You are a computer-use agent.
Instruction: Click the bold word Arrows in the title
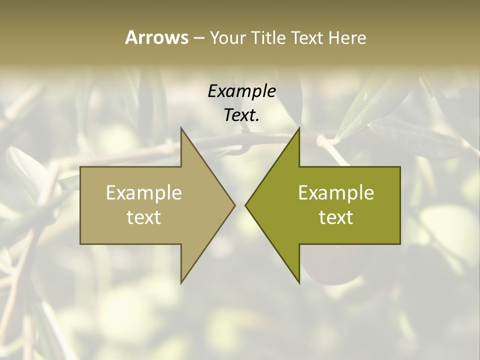(x=156, y=37)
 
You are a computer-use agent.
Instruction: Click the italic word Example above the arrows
(x=241, y=91)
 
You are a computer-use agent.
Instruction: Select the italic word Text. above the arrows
(x=240, y=115)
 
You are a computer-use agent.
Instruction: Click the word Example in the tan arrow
(x=144, y=192)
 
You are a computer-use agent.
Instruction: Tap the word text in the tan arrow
(x=144, y=217)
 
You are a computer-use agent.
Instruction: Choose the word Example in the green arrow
(x=336, y=192)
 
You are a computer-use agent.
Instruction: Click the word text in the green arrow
(x=336, y=217)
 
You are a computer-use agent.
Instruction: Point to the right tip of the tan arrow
(x=234, y=205)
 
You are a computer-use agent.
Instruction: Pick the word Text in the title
(x=307, y=38)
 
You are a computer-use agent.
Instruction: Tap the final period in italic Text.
(x=257, y=120)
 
